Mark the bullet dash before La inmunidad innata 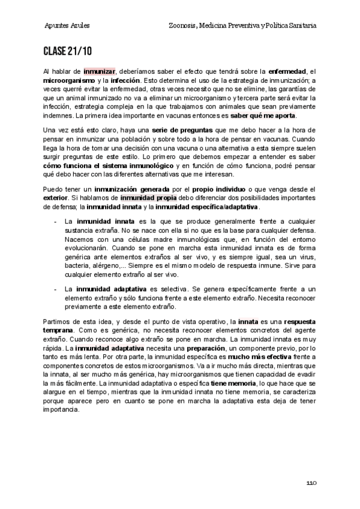[55, 221]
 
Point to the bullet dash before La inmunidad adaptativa [55, 289]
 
